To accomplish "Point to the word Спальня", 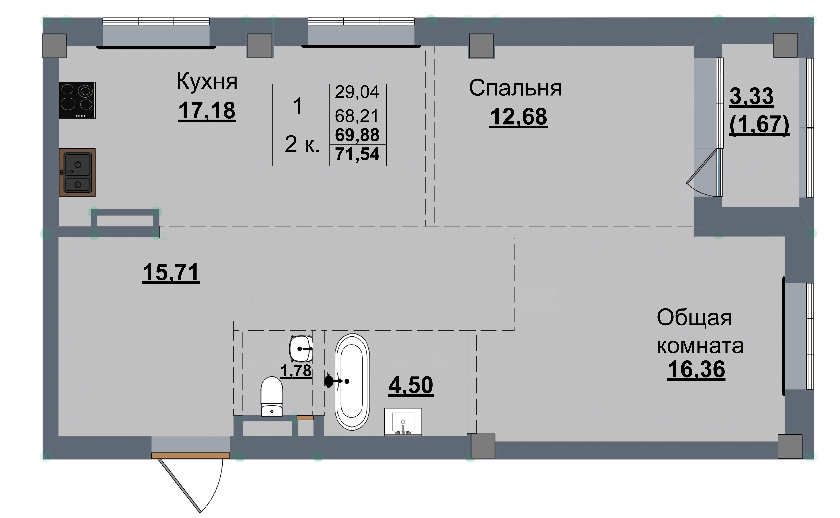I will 515,88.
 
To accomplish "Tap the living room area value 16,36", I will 696,369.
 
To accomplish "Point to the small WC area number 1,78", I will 296,371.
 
